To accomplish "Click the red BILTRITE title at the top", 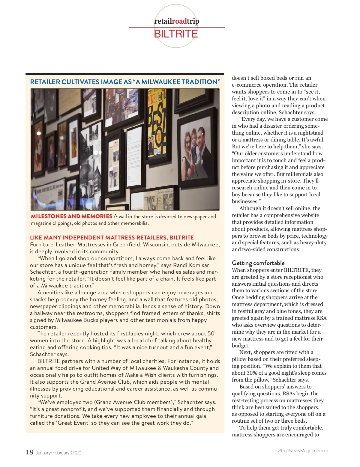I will pyautogui.click(x=176, y=34).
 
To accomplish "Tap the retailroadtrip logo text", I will pyautogui.click(x=176, y=21).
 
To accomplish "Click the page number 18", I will pyautogui.click(x=29, y=452).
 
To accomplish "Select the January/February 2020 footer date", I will pyautogui.click(x=58, y=453).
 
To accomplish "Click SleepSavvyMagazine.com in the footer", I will pyautogui.click(x=303, y=451).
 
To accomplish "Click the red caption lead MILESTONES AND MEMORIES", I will pyautogui.click(x=71, y=216).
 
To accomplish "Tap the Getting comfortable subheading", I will pyautogui.click(x=258, y=263).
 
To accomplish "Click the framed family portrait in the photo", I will pyautogui.click(x=195, y=147).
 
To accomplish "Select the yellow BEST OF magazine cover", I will pyautogui.click(x=156, y=123).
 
